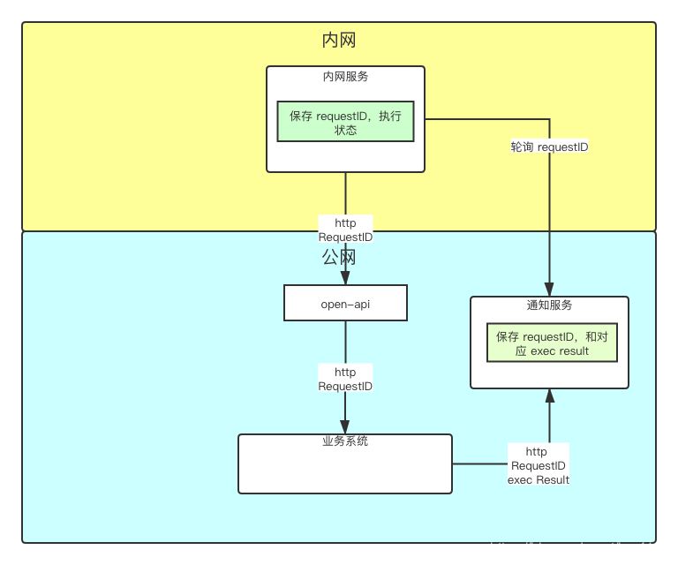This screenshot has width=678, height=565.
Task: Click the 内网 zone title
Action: coord(339,41)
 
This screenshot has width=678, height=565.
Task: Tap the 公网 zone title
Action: coord(339,257)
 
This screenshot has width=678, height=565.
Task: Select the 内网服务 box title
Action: coord(345,77)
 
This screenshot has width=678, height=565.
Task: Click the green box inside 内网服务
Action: coord(345,122)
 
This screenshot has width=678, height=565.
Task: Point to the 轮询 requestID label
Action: coord(549,147)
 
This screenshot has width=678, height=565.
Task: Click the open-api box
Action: coord(345,303)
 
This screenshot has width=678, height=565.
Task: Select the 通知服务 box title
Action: coord(549,305)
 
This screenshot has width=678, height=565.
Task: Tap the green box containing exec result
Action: coord(552,343)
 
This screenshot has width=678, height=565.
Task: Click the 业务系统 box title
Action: coord(345,441)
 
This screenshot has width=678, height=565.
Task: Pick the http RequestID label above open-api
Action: coord(345,230)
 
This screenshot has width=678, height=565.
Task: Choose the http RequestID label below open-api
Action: coord(345,379)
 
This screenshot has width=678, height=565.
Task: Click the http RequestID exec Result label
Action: coord(538,465)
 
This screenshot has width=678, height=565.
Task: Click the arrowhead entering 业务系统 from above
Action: coord(345,426)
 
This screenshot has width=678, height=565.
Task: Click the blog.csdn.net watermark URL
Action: coord(579,548)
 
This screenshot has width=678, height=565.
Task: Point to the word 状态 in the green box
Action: coord(345,130)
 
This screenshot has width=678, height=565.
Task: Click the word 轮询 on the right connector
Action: coord(522,147)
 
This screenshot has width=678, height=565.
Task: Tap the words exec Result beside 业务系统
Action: coord(538,479)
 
